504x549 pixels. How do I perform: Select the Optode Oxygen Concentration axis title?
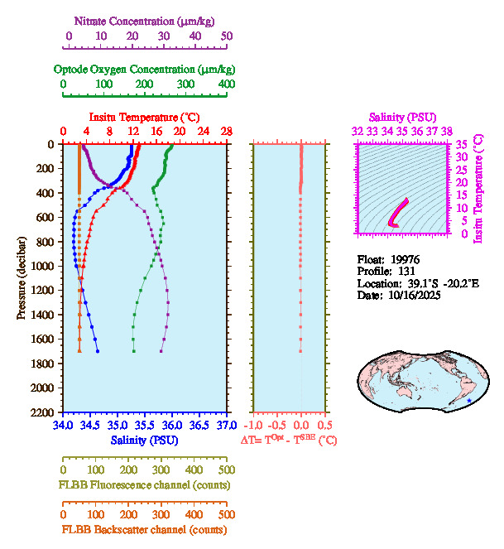point(144,69)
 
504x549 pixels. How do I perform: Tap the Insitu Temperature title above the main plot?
point(143,118)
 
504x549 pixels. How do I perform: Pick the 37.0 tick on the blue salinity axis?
point(225,425)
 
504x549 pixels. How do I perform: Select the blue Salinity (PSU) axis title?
point(144,441)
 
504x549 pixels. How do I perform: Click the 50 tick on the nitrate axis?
point(226,36)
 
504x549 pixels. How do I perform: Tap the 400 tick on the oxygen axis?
point(226,85)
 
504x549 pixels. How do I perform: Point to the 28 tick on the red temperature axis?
point(226,132)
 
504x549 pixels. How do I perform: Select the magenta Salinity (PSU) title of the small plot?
point(401,118)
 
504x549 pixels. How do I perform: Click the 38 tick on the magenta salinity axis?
point(447,131)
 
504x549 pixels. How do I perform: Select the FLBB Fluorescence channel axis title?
point(144,484)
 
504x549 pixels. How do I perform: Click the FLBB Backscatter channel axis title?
point(144,529)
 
